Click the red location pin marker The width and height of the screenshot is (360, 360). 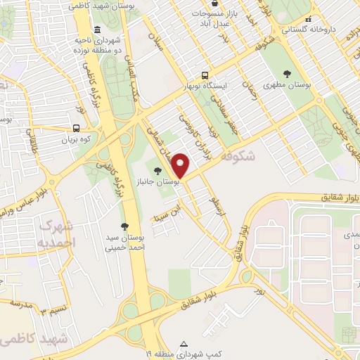(181, 164)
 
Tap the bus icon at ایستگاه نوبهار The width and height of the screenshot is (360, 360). (205, 74)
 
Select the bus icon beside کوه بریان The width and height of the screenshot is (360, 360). (76, 129)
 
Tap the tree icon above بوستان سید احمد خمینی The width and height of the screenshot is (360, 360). (124, 226)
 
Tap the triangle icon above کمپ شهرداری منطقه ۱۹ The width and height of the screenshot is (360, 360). (184, 344)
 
